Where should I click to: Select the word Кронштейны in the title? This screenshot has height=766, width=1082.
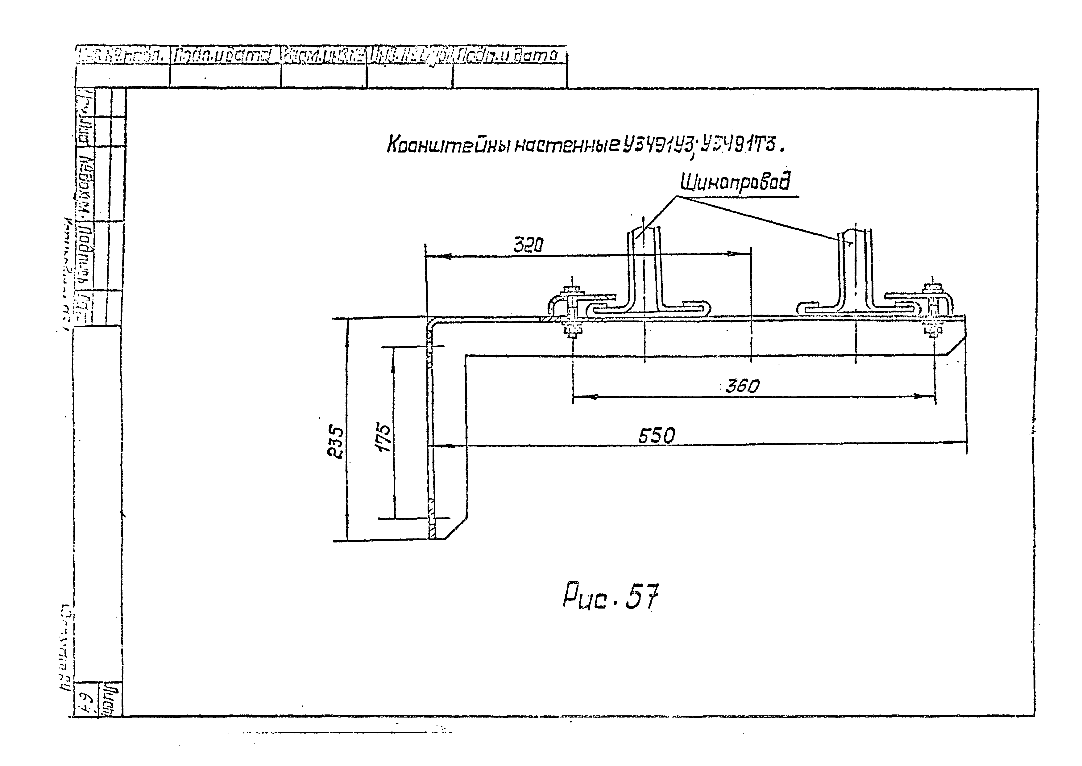tap(448, 146)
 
